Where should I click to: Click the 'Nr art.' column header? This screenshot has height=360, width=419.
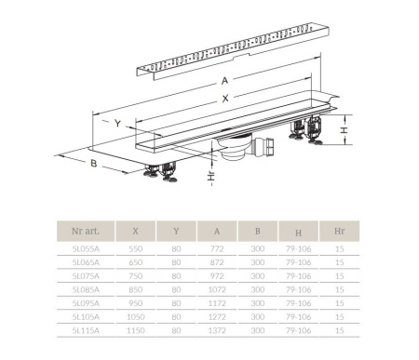[x=86, y=231]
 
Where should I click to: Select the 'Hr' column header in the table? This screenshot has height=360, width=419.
[x=339, y=231]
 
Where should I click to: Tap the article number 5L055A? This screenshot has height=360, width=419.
[x=86, y=248]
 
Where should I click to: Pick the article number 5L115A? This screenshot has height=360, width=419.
[x=86, y=330]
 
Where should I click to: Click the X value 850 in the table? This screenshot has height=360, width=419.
[x=136, y=289]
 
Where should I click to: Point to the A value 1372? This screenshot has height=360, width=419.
[x=217, y=330]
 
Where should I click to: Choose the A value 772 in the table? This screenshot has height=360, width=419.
[x=217, y=248]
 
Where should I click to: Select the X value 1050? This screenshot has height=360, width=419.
[x=136, y=317]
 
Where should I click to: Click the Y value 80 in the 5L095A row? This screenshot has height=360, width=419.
[x=176, y=303]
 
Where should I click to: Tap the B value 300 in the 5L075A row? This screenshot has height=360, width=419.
[x=258, y=276]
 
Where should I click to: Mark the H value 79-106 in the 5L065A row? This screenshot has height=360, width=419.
[x=298, y=262]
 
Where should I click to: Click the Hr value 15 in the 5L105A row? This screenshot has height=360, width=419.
[x=340, y=317]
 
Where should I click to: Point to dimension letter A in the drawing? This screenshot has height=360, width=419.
[x=224, y=81]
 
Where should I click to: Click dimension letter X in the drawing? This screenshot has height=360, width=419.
[x=225, y=99]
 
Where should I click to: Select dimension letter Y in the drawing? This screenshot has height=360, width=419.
[x=117, y=124]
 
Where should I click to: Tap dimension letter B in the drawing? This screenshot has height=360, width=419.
[x=94, y=163]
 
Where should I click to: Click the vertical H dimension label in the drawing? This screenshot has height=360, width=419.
[x=344, y=130]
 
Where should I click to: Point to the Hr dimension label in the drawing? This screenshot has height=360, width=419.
[x=211, y=176]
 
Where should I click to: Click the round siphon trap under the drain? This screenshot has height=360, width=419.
[x=235, y=148]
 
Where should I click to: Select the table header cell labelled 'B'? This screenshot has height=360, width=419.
[x=258, y=231]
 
